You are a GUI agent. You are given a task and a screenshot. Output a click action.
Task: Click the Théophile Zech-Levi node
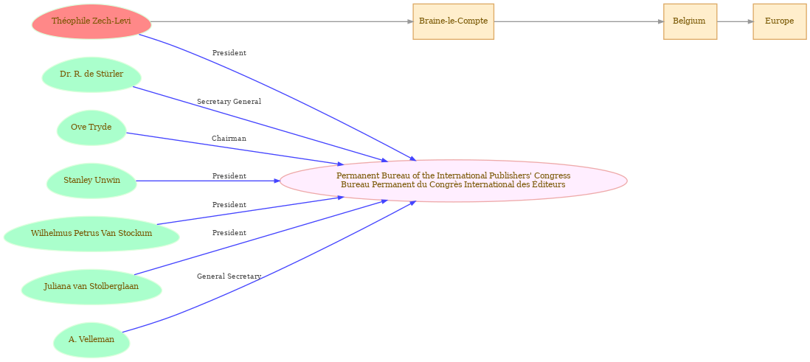pos(91,21)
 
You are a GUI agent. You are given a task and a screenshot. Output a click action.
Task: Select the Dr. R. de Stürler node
pos(91,74)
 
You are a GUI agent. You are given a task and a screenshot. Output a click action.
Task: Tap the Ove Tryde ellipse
pos(91,128)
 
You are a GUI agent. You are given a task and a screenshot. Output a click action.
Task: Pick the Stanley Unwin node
pos(91,181)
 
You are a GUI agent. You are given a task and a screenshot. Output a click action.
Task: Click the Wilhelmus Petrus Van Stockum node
pos(91,234)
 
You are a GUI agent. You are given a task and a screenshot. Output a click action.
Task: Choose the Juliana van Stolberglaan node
pos(91,287)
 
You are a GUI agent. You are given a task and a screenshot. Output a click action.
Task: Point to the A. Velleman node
pos(91,340)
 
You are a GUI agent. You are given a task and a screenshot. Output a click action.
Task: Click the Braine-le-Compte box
pos(454,21)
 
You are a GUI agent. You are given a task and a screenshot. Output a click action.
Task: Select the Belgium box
pos(690,21)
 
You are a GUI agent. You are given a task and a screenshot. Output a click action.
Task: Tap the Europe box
pos(780,21)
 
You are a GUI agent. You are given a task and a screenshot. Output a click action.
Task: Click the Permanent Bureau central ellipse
pos(454,181)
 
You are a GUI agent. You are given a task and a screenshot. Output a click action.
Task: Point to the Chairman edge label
pos(229,139)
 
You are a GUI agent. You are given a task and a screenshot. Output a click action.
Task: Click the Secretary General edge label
pos(229,102)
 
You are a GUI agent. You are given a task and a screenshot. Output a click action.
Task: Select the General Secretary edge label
pos(229,276)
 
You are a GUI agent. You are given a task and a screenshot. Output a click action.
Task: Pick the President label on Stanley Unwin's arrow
pos(229,176)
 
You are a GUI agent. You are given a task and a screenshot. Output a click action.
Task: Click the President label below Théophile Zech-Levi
pos(229,53)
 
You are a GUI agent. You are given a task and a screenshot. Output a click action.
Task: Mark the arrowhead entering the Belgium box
pos(661,21)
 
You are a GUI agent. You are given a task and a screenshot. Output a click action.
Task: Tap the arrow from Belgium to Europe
pos(735,21)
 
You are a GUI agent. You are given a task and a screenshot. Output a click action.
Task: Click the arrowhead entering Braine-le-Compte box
pos(410,21)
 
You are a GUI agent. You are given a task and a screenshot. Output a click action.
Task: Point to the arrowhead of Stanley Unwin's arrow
pos(277,181)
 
